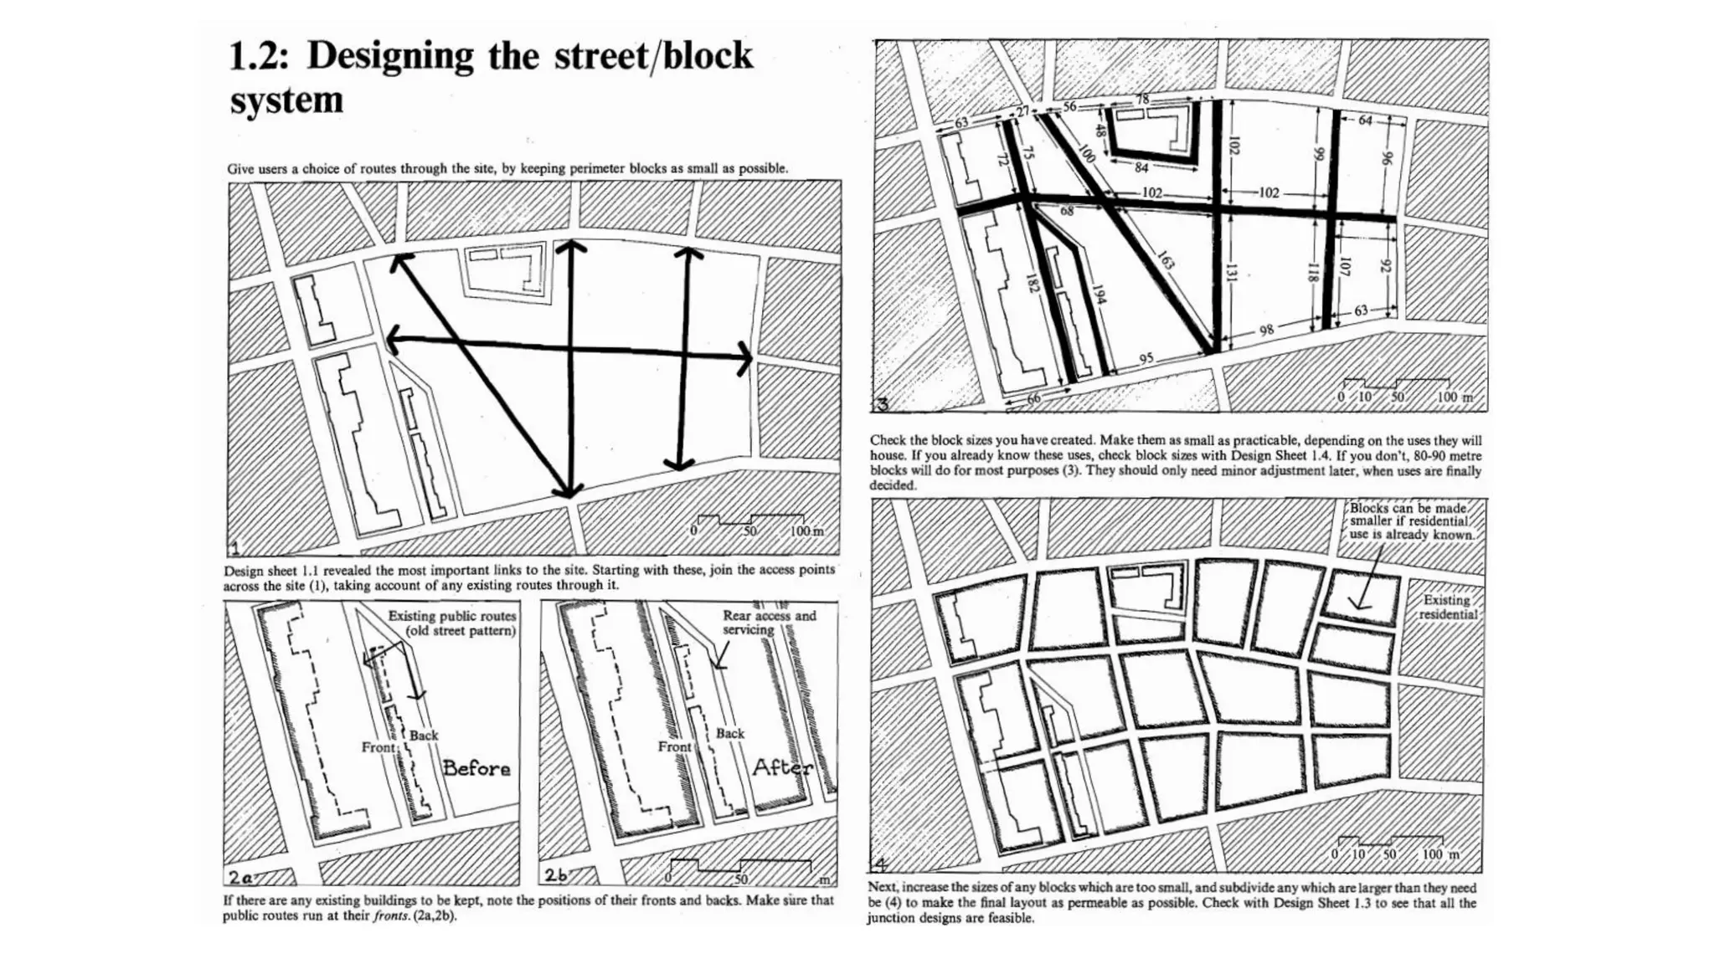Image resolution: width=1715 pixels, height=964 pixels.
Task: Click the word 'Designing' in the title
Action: [390, 56]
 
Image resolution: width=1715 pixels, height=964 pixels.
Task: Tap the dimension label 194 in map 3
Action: [1100, 295]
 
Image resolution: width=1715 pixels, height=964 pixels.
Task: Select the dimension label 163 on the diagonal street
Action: [1167, 260]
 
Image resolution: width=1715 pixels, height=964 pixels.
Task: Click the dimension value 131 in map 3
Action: [1231, 272]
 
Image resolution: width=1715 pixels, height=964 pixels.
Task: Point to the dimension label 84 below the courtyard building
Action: [1141, 167]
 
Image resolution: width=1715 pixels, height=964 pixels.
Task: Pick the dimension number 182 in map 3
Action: [1033, 284]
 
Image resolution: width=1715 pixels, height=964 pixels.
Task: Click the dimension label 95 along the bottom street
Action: [1146, 358]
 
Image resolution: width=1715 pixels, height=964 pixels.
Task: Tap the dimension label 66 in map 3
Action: [1034, 399]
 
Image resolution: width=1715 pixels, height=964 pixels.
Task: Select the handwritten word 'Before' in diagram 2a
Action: [476, 768]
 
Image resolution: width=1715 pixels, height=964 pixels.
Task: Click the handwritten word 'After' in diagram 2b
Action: [781, 767]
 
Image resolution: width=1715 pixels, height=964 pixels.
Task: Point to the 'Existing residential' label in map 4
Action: [1447, 608]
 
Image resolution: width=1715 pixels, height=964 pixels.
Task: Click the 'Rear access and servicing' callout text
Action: [768, 622]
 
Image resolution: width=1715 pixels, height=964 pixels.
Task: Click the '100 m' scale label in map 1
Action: [806, 531]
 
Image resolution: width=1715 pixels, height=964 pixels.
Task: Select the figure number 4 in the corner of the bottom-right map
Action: [880, 864]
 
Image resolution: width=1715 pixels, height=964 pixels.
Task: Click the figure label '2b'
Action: [556, 875]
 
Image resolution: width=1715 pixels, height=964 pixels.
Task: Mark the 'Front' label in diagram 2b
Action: [674, 746]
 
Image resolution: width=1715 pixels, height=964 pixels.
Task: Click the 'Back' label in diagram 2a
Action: [424, 736]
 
